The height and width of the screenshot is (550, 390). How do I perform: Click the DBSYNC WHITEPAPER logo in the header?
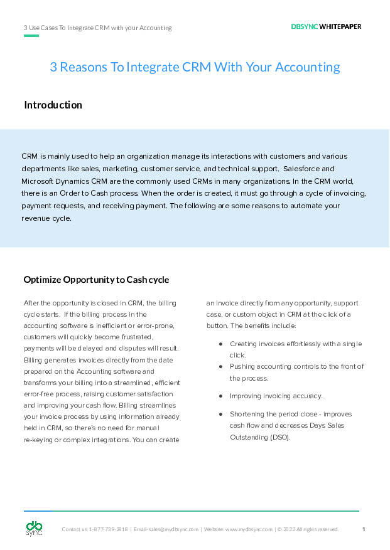point(326,27)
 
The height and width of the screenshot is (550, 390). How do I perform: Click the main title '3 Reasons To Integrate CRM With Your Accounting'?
point(195,67)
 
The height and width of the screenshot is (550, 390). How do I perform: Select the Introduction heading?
point(53,105)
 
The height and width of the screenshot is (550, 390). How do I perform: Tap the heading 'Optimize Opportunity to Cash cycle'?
point(96,280)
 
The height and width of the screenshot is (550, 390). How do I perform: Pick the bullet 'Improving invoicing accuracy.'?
point(276,396)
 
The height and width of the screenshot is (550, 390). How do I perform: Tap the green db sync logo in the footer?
point(34,529)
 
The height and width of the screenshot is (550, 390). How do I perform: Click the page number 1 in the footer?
point(364,529)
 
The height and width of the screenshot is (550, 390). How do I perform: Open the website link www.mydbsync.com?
point(249,530)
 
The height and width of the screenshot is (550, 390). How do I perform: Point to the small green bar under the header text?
point(31,36)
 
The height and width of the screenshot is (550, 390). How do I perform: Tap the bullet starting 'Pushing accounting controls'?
point(296,367)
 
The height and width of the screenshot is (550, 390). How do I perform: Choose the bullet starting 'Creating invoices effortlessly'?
point(295,344)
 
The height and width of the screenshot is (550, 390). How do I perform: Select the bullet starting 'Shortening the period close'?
point(290,415)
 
